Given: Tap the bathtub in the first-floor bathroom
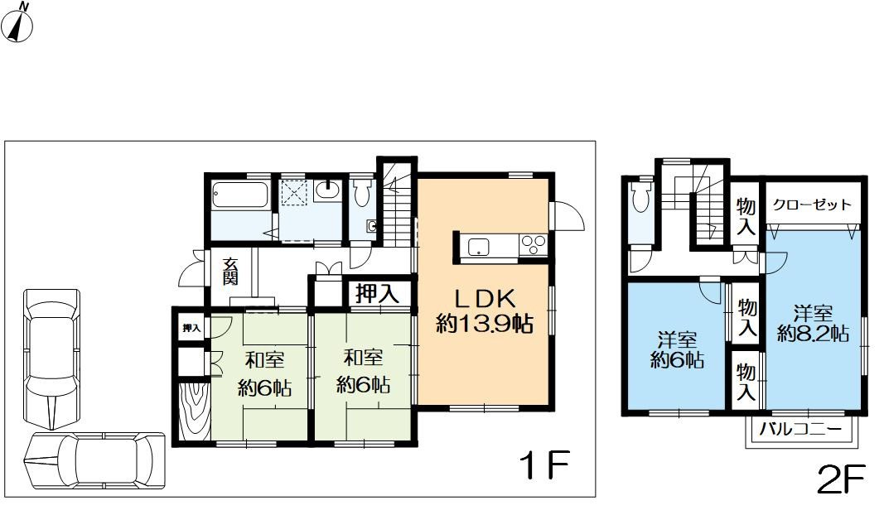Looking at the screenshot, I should [x=239, y=196].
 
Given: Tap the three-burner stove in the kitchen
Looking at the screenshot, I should [x=532, y=246].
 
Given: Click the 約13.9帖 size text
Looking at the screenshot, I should [x=484, y=325].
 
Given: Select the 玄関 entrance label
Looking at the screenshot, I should [x=229, y=270].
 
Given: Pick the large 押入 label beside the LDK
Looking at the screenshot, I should [x=378, y=293].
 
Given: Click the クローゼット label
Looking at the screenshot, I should [x=813, y=205].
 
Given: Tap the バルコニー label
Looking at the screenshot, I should [x=800, y=430].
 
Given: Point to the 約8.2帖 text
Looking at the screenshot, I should [x=813, y=334].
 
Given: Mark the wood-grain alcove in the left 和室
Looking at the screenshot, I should [x=192, y=411].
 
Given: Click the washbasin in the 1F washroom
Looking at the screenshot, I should [x=327, y=190].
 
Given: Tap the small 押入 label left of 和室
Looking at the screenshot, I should [x=191, y=329].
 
